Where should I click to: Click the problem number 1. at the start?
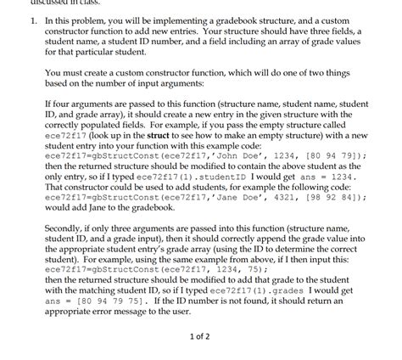coord(31,19)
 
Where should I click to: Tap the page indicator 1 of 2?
coord(202,335)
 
